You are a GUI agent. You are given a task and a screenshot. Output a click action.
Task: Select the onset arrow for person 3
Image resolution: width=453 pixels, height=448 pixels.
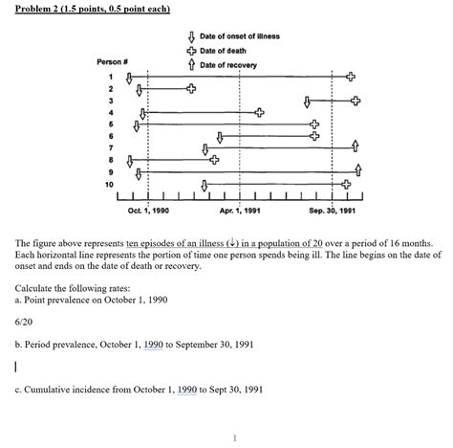click(x=305, y=100)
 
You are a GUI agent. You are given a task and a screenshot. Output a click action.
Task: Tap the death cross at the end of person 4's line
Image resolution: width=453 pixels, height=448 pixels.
click(x=259, y=112)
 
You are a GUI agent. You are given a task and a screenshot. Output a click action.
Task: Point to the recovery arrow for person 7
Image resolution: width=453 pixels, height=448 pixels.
click(x=356, y=146)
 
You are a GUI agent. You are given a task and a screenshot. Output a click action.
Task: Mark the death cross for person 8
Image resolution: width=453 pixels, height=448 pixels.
click(x=214, y=160)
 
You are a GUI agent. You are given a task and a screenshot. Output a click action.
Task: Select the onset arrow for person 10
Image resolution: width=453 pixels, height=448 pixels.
click(x=205, y=184)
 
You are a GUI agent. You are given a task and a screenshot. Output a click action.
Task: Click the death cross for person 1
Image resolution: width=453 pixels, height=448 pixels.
click(x=351, y=76)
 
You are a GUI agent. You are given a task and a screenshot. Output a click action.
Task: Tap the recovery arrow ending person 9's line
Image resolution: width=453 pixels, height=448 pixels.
click(x=357, y=170)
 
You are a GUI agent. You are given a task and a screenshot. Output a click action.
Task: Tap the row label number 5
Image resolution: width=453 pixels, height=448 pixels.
click(x=111, y=124)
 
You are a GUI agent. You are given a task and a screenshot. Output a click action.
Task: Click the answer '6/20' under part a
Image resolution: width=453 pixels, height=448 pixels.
click(x=25, y=324)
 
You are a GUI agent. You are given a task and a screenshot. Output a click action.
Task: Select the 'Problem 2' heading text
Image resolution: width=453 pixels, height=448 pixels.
click(x=42, y=9)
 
